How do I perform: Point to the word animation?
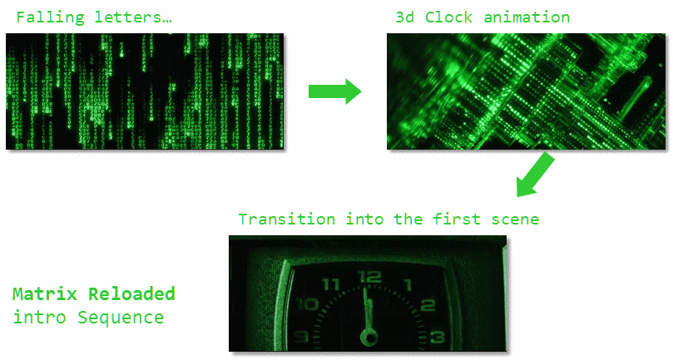[x=529, y=17]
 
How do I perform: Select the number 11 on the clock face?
[x=331, y=285]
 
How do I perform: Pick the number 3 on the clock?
[x=437, y=337]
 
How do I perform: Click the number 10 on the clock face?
[x=309, y=304]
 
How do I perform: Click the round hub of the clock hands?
[x=368, y=337]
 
